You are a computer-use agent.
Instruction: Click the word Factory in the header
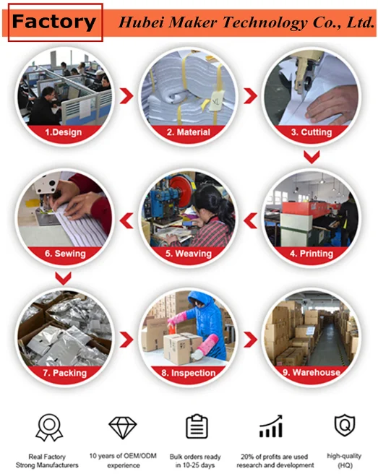tap(54, 22)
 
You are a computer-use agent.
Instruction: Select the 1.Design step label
tap(64, 132)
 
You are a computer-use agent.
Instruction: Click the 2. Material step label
tap(189, 132)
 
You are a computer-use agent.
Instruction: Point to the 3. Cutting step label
tap(312, 132)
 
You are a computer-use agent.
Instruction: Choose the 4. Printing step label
tap(312, 254)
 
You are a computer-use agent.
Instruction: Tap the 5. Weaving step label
tap(189, 254)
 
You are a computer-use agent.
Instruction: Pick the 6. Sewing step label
tap(65, 254)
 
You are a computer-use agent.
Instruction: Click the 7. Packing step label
tap(65, 373)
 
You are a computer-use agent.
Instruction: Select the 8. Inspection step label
tap(189, 373)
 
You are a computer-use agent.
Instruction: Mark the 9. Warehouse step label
tap(312, 372)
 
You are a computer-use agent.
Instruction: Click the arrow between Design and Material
tap(126, 96)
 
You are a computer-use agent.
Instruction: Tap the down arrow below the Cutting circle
tap(312, 158)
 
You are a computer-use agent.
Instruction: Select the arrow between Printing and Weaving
tap(250, 220)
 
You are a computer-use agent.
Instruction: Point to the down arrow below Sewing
tap(63, 278)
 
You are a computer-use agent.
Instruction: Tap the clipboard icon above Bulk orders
tap(197, 426)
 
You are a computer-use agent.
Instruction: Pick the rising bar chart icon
tap(271, 426)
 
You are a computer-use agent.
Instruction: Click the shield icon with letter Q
tap(345, 426)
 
